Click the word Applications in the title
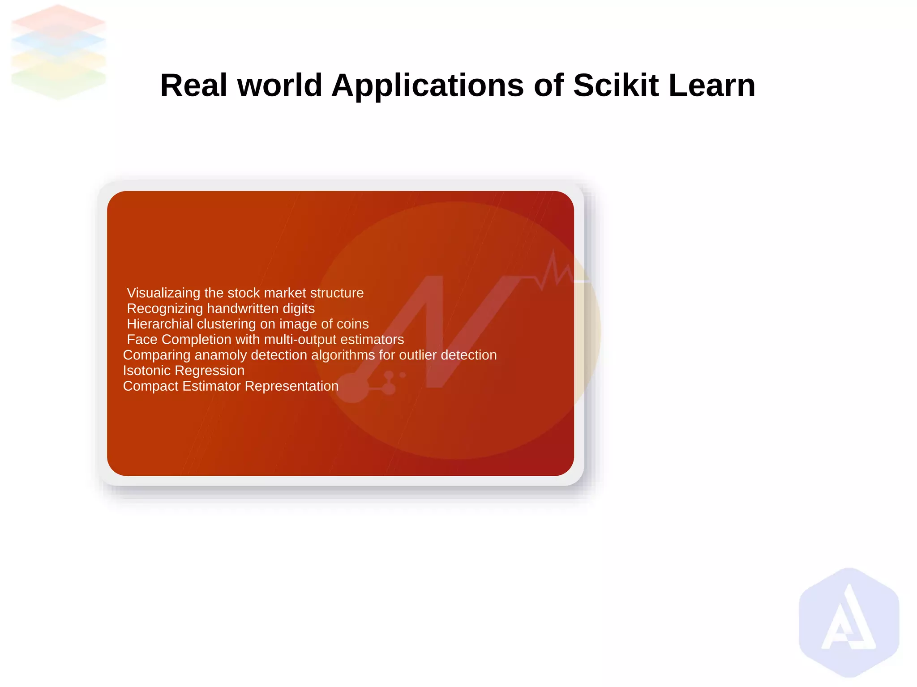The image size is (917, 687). coord(427,85)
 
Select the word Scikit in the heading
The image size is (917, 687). coord(616,85)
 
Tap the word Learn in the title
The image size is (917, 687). coord(712,85)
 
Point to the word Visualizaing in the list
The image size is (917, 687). coord(163,293)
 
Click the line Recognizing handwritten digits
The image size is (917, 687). coord(221,309)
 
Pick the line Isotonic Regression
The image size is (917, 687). coord(184,371)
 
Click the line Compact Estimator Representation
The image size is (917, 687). coord(231,386)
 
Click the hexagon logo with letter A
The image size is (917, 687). coord(849,623)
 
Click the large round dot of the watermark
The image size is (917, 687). coord(353,388)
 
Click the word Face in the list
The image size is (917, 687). coord(142,340)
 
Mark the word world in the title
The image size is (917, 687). coord(279,85)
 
